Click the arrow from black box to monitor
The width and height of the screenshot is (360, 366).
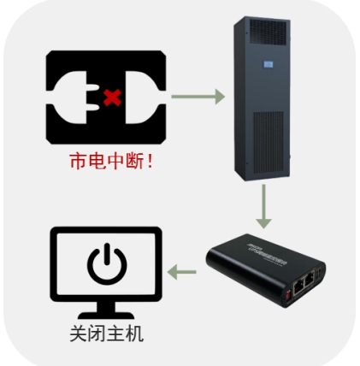pyautogui.click(x=183, y=273)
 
